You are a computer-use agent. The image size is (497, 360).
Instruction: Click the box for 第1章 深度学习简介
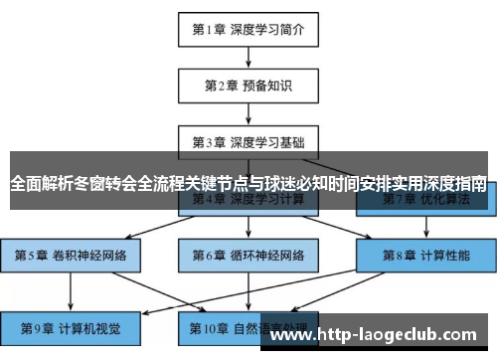click(x=248, y=30)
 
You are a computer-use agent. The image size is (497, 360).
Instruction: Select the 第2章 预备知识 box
click(x=248, y=86)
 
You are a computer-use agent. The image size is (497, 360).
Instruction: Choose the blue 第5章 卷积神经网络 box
click(x=71, y=254)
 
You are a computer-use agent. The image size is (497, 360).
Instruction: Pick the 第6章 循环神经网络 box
click(x=248, y=254)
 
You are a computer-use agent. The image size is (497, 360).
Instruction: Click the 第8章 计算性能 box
click(x=424, y=254)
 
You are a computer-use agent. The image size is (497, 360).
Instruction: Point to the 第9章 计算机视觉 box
click(x=71, y=325)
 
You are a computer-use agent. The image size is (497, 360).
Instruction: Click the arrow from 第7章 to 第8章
click(x=424, y=227)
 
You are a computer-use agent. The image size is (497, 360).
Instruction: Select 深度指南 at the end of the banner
click(x=457, y=183)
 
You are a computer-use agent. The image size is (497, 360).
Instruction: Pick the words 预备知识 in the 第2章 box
click(x=267, y=86)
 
